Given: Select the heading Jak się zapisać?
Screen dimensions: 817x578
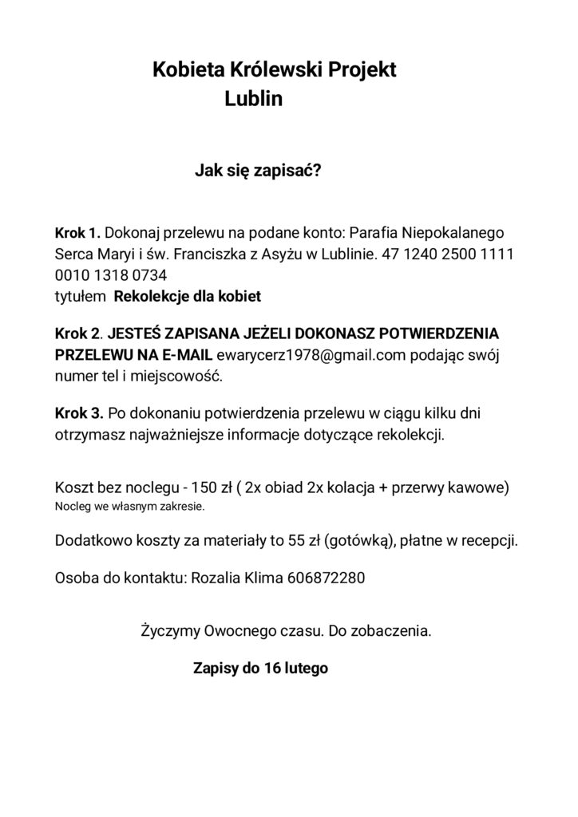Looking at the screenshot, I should tap(258, 171).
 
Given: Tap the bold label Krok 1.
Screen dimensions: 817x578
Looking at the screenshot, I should tap(77, 234).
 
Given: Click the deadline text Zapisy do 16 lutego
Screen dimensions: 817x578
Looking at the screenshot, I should tap(260, 668).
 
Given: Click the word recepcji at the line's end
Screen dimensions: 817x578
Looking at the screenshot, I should tap(487, 541).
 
